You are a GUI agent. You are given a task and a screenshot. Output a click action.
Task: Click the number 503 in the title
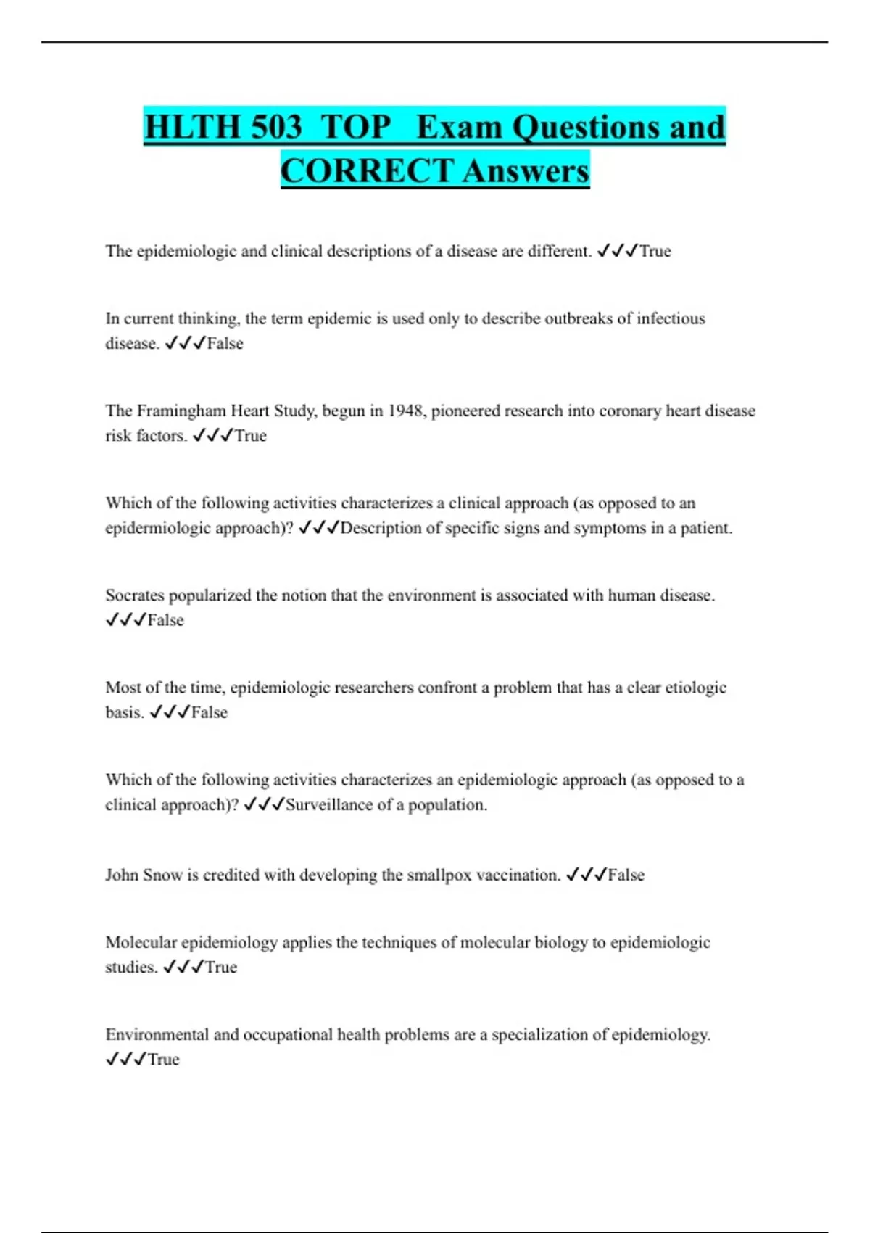point(275,127)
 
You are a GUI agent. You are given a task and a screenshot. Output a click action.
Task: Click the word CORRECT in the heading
point(367,171)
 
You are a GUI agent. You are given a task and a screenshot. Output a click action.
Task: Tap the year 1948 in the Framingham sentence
point(406,411)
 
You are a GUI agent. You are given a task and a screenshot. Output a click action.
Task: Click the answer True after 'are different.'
point(655,251)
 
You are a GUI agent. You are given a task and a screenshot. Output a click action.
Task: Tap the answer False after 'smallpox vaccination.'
point(626,875)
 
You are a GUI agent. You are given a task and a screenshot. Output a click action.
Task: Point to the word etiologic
point(695,688)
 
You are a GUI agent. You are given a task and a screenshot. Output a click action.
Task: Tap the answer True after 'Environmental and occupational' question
point(164,1060)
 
